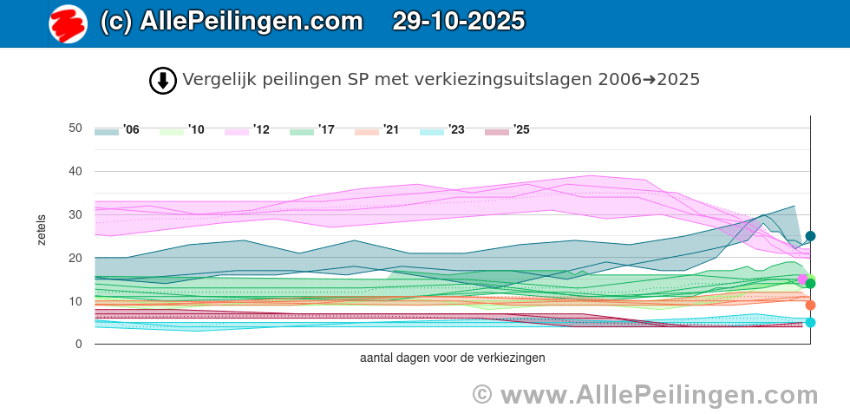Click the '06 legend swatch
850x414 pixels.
click(107, 131)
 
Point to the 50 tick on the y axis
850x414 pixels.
click(75, 128)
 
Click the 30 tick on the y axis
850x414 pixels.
click(75, 214)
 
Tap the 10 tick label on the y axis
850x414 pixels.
click(75, 301)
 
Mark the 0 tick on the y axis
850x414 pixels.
click(78, 345)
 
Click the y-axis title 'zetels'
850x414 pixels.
click(42, 229)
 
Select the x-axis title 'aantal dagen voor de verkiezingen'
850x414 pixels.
click(452, 358)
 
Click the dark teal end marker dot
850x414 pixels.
click(810, 236)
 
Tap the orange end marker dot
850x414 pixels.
click(810, 305)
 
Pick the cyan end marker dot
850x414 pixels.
click(810, 322)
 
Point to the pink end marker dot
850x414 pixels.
click(802, 279)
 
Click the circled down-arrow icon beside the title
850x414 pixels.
click(163, 81)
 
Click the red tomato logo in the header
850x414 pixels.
click(68, 23)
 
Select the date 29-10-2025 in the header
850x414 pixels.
click(459, 22)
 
